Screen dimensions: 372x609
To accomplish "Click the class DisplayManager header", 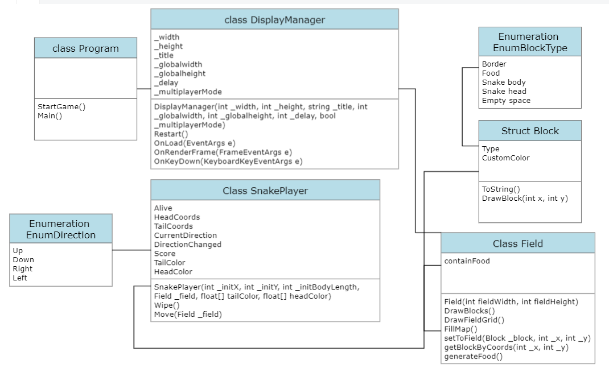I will pos(274,20).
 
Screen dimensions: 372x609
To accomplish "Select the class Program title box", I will pos(85,48).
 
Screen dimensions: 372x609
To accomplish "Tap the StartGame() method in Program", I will pos(61,106).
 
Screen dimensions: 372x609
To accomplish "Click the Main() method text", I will pos(50,115).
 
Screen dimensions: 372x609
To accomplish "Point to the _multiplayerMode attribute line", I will pos(188,92).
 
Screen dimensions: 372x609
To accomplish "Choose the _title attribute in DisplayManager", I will pos(164,55).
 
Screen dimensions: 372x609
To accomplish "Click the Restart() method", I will pos(171,134).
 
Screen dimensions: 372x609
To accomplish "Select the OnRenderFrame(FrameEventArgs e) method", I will pos(223,152).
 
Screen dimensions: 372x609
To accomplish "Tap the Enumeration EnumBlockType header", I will pos(529,42).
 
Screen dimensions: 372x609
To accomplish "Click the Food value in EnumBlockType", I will pos(491,73).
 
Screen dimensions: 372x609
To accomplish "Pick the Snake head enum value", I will pos(504,91).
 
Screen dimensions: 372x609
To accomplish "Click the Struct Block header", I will pos(529,131).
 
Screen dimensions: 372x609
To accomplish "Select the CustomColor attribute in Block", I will pos(505,158).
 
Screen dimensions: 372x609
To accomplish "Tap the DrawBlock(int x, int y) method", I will pos(525,198).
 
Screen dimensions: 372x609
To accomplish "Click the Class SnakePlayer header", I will pos(265,191).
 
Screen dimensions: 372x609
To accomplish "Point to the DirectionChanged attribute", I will pos(187,244).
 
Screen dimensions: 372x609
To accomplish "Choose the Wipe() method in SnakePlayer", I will pos(166,305).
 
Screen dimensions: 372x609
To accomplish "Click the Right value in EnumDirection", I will pos(22,268).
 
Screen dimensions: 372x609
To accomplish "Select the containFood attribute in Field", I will pos(467,261).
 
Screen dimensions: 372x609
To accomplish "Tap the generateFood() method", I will pos(473,357).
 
